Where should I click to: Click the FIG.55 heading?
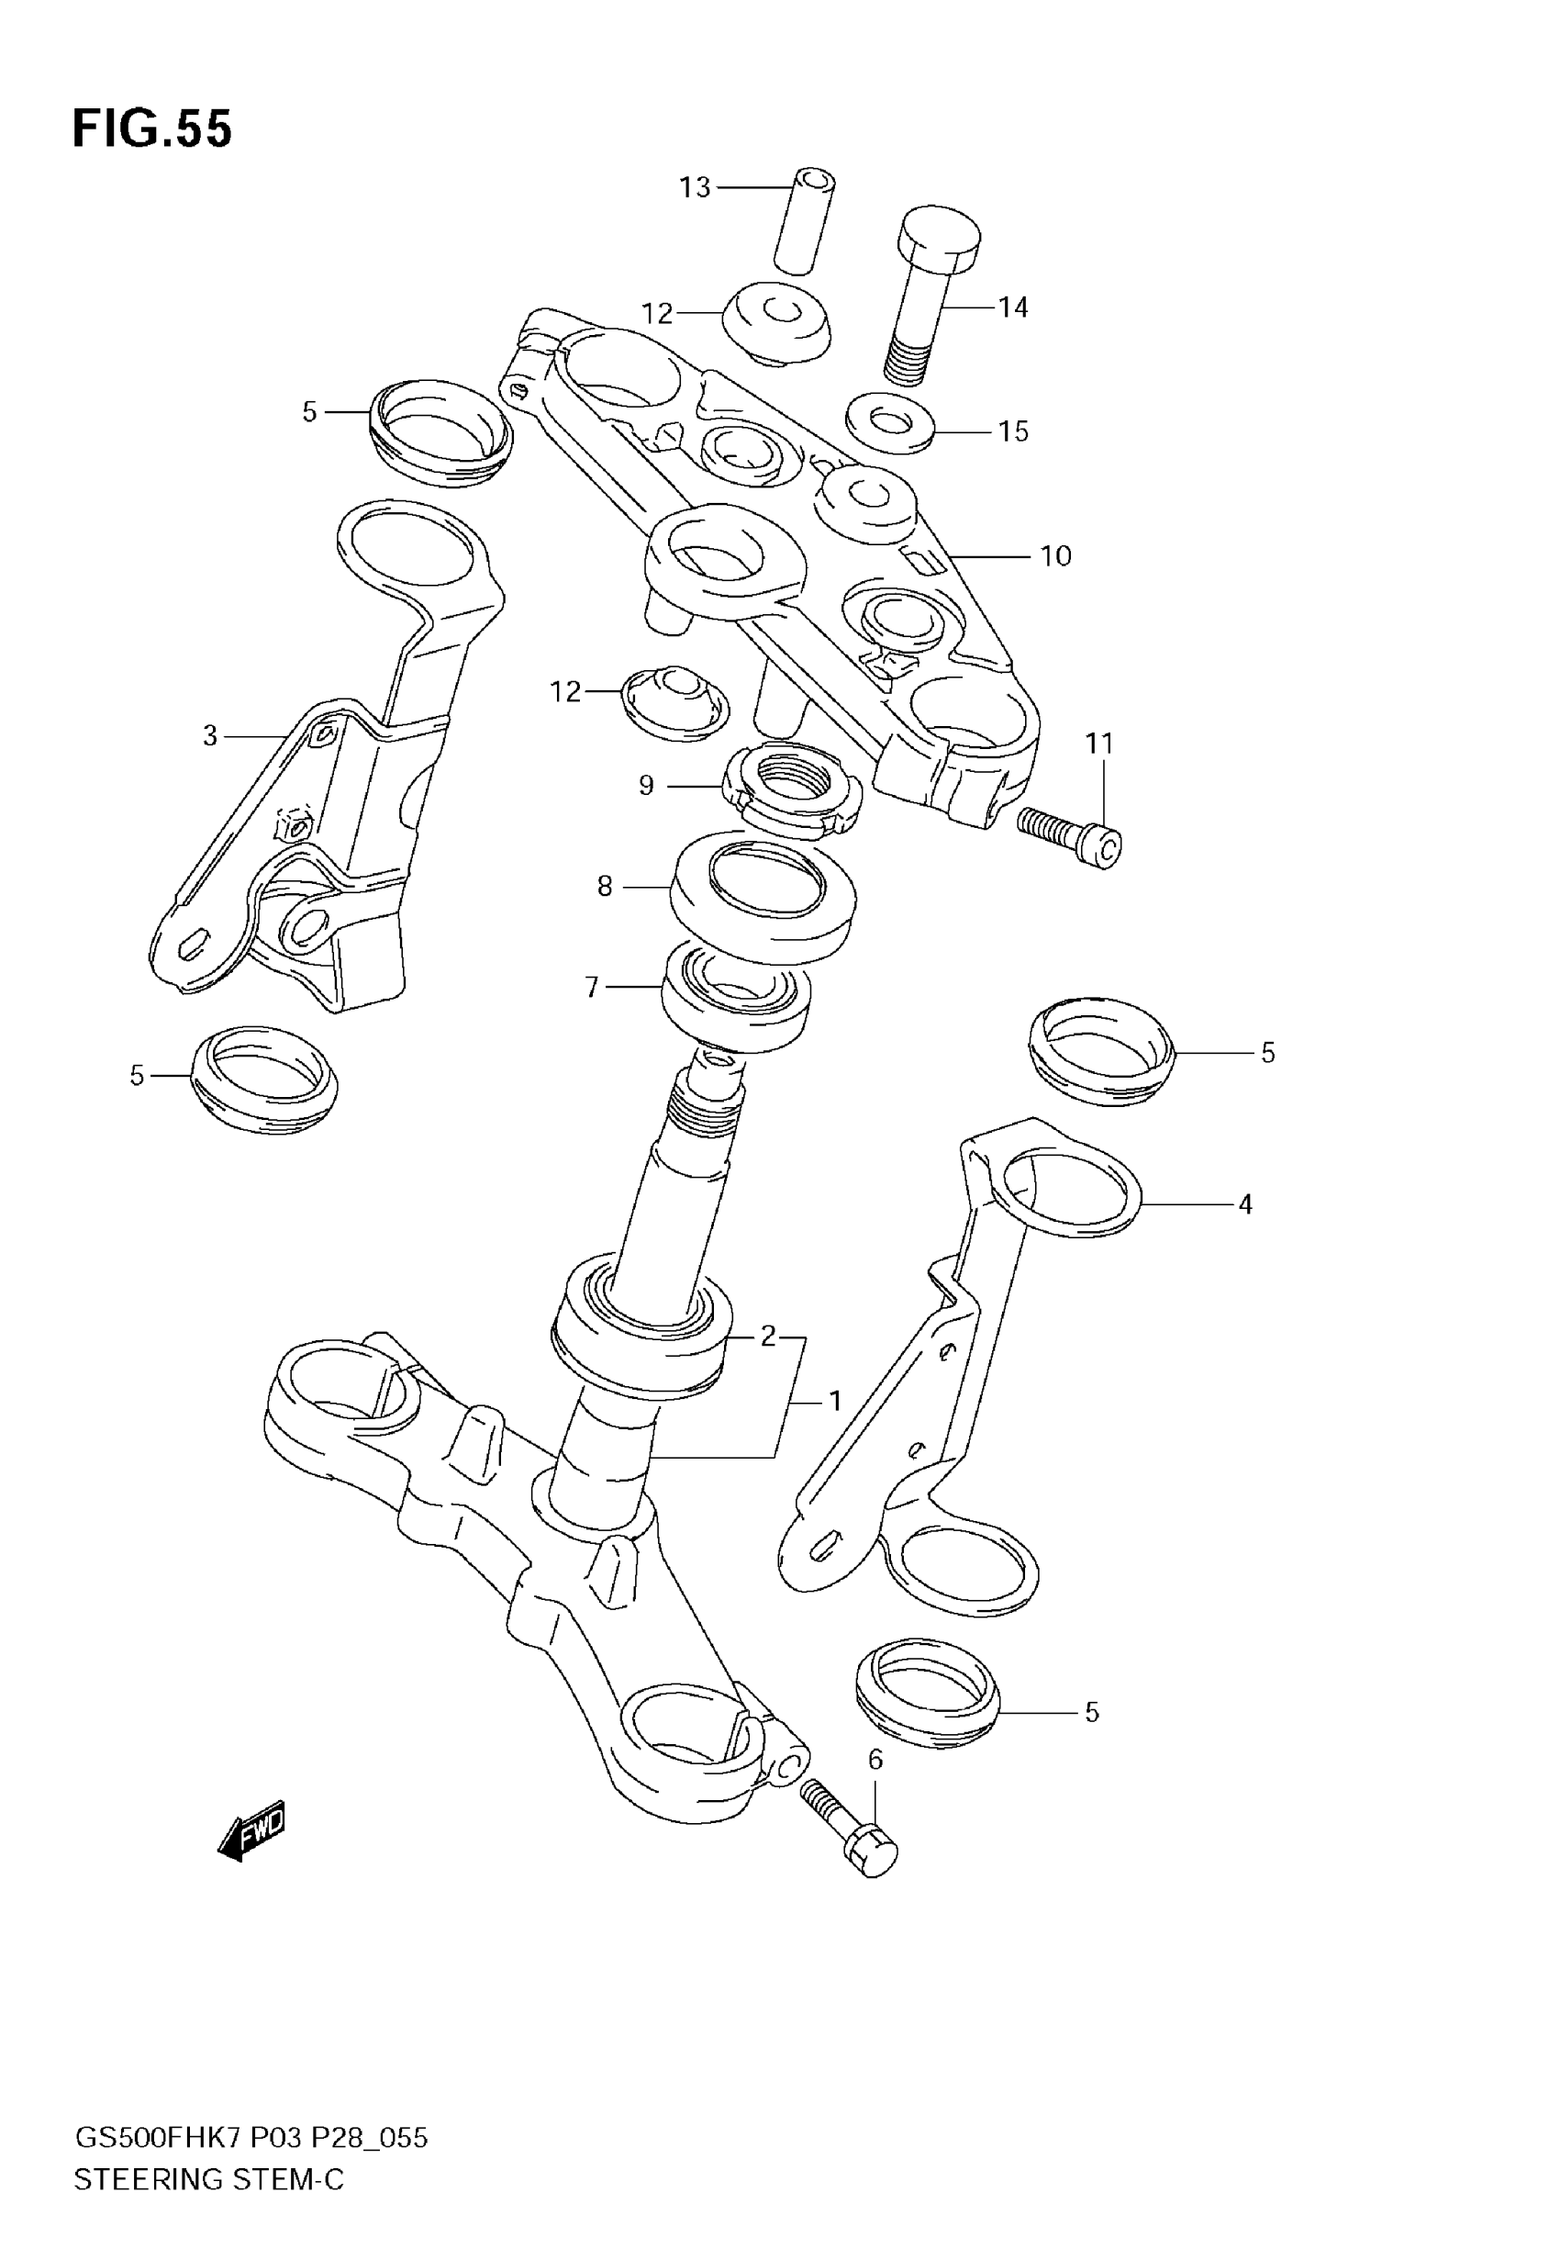pyautogui.click(x=152, y=129)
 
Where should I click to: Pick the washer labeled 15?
pyautogui.click(x=888, y=423)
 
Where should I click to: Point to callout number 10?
pyautogui.click(x=1055, y=556)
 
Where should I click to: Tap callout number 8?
pyautogui.click(x=604, y=887)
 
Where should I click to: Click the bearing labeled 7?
pyautogui.click(x=736, y=998)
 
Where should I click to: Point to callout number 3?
pyautogui.click(x=209, y=736)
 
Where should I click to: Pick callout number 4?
pyautogui.click(x=1244, y=1204)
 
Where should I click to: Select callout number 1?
pyautogui.click(x=835, y=1402)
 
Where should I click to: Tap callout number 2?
pyautogui.click(x=767, y=1336)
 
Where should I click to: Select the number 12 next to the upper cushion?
pyautogui.click(x=657, y=314)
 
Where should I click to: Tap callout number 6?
pyautogui.click(x=875, y=1760)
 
